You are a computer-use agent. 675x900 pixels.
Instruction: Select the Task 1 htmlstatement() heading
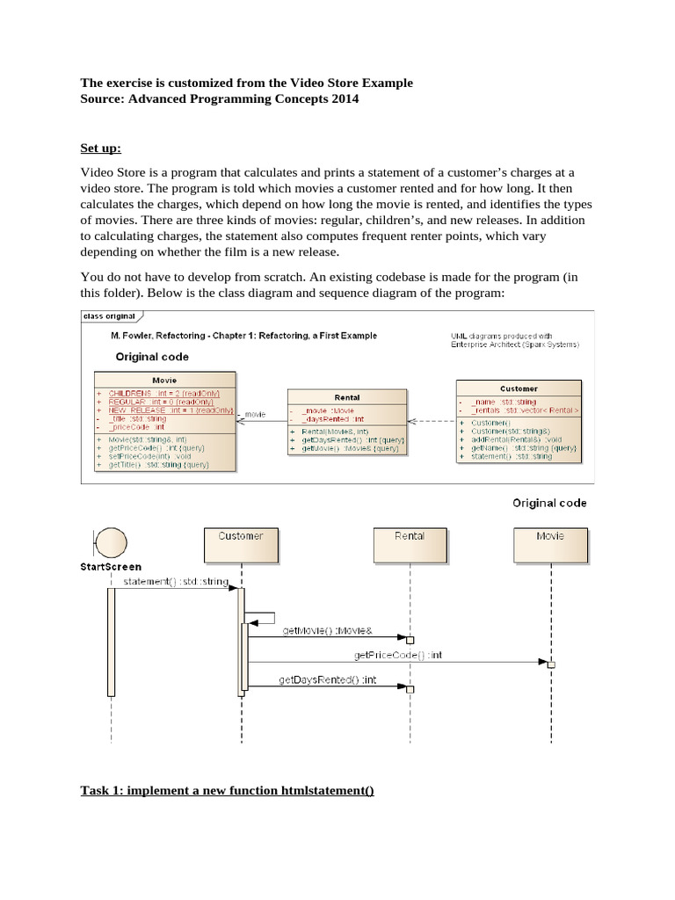[x=227, y=790]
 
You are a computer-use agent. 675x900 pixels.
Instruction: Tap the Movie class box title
[x=163, y=381]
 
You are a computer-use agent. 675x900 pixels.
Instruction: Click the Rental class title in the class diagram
[x=347, y=397]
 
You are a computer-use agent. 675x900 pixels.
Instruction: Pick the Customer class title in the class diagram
[x=518, y=388]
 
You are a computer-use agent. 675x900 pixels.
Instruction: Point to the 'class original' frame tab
[x=109, y=316]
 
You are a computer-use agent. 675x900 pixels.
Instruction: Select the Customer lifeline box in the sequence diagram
[x=240, y=544]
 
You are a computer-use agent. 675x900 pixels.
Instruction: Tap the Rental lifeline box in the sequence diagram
[x=410, y=544]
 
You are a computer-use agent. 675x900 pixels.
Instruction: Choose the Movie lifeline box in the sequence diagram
[x=550, y=544]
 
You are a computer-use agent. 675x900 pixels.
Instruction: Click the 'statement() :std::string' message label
[x=176, y=581]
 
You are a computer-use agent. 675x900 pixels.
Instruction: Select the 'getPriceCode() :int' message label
[x=398, y=655]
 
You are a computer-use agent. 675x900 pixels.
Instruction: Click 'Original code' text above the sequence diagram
[x=549, y=503]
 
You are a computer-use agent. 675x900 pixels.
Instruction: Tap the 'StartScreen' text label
[x=111, y=567]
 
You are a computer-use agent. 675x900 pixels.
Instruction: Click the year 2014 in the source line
[x=342, y=99]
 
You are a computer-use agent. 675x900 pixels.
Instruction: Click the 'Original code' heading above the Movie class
[x=151, y=357]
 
